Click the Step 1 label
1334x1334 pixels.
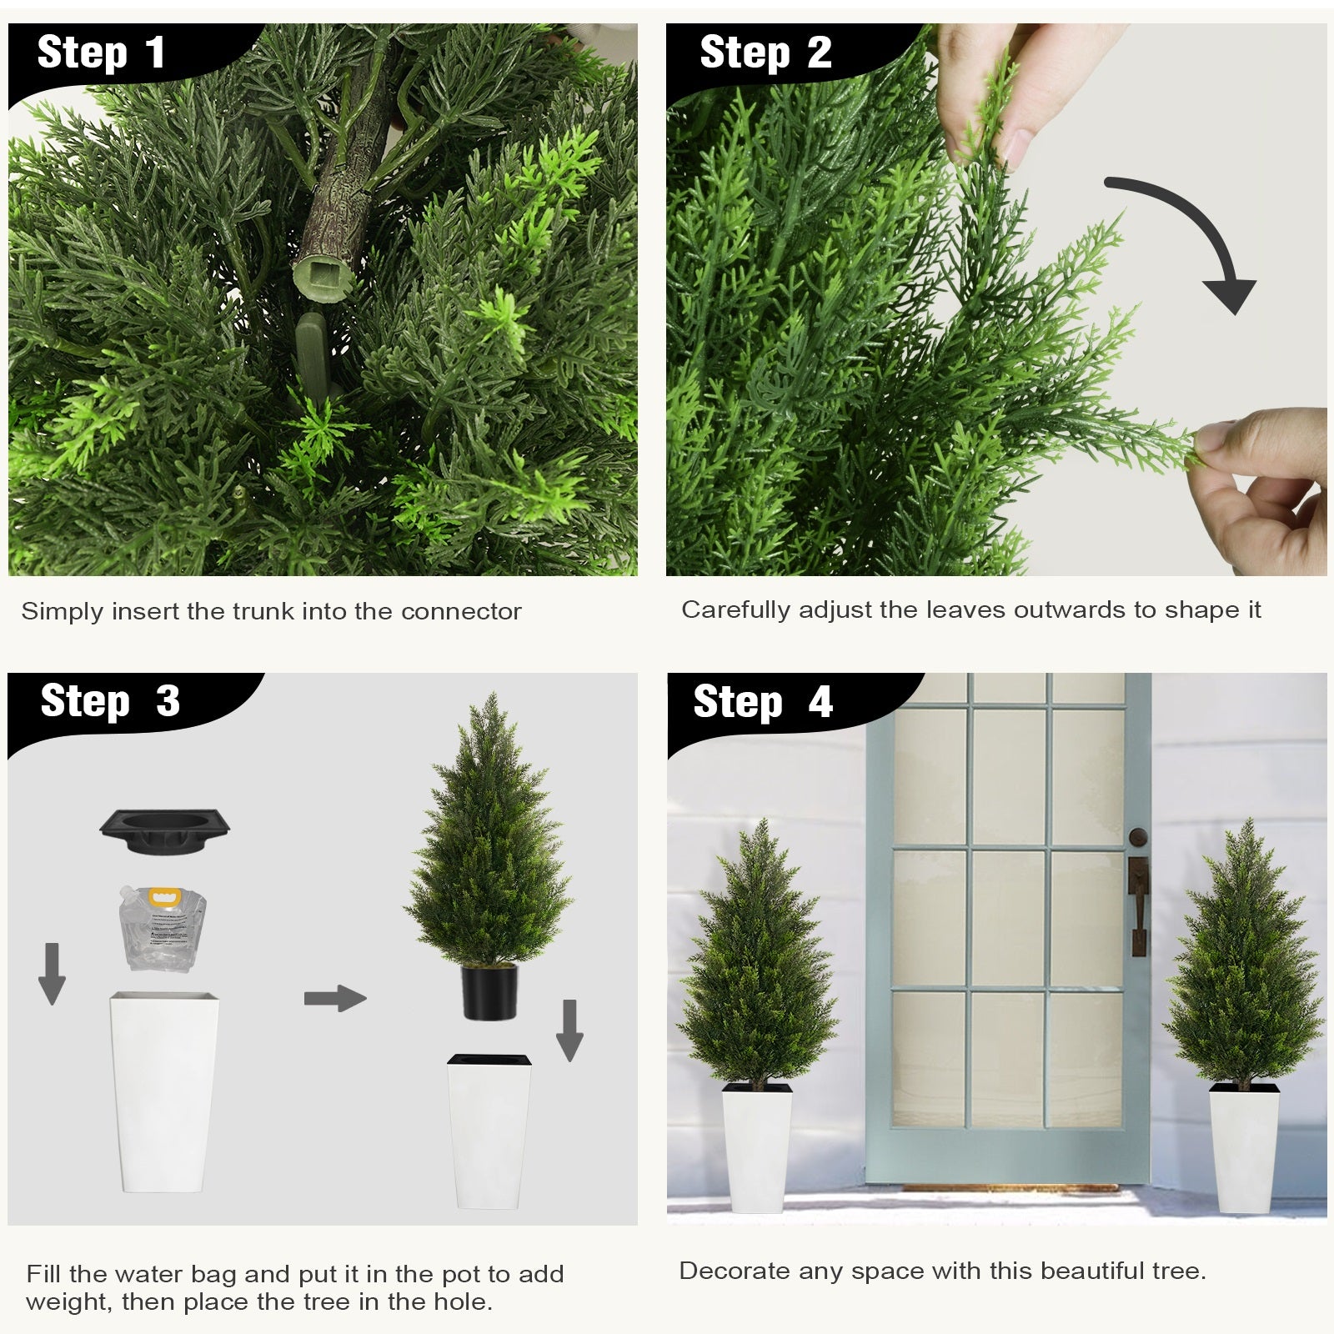101,53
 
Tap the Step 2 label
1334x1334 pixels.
765,53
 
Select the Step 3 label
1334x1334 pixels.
110,701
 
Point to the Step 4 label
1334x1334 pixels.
763,701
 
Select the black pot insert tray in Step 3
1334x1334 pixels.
165,830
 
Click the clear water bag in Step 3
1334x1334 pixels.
162,927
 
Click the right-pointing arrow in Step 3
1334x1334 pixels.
335,999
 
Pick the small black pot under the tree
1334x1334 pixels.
489,991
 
